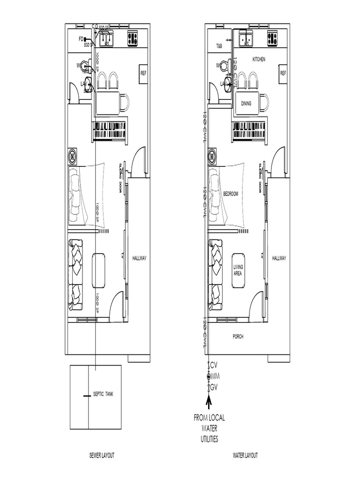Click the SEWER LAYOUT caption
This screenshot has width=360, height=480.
click(102, 455)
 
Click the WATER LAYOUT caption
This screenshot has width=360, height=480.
click(245, 455)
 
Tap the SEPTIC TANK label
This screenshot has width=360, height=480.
click(103, 394)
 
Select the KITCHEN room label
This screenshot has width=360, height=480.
click(259, 60)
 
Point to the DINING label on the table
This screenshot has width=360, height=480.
click(247, 103)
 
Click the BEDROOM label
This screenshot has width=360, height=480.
click(231, 194)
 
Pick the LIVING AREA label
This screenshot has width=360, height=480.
click(238, 270)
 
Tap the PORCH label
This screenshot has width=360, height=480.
click(238, 337)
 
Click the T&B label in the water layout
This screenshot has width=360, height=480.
click(219, 47)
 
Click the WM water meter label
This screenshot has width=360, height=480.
click(215, 376)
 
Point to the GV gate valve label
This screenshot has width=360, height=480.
click(215, 387)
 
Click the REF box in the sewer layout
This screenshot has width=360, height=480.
click(144, 73)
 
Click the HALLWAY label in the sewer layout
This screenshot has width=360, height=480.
click(140, 258)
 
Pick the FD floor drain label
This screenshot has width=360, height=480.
click(81, 39)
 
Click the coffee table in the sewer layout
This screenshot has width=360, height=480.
click(99, 270)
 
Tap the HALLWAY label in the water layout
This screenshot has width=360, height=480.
click(279, 258)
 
